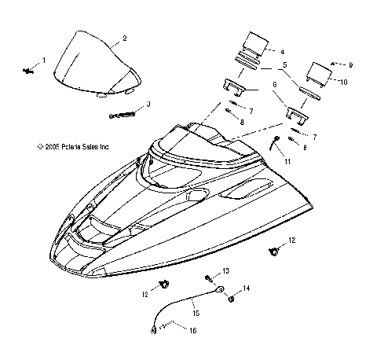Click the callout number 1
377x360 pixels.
pyautogui.click(x=44, y=61)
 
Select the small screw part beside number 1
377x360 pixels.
pyautogui.click(x=29, y=71)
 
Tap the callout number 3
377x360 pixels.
pyautogui.click(x=149, y=105)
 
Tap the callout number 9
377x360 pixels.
pyautogui.click(x=351, y=65)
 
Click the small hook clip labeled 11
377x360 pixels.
pyautogui.click(x=274, y=144)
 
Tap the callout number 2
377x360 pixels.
pyautogui.click(x=125, y=38)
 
